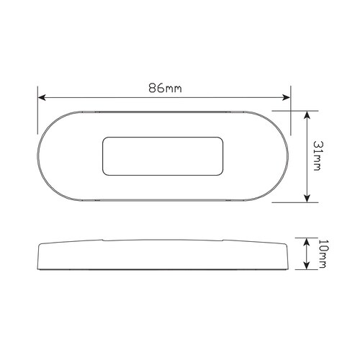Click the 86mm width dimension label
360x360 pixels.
click(x=164, y=89)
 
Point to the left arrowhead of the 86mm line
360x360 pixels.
click(x=42, y=98)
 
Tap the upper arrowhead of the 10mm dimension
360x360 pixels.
click(x=309, y=243)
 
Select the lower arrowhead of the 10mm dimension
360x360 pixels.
click(x=309, y=267)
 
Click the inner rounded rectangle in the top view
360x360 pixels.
click(x=163, y=156)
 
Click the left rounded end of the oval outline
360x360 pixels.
click(x=40, y=156)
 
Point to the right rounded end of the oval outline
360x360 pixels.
click(x=287, y=156)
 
